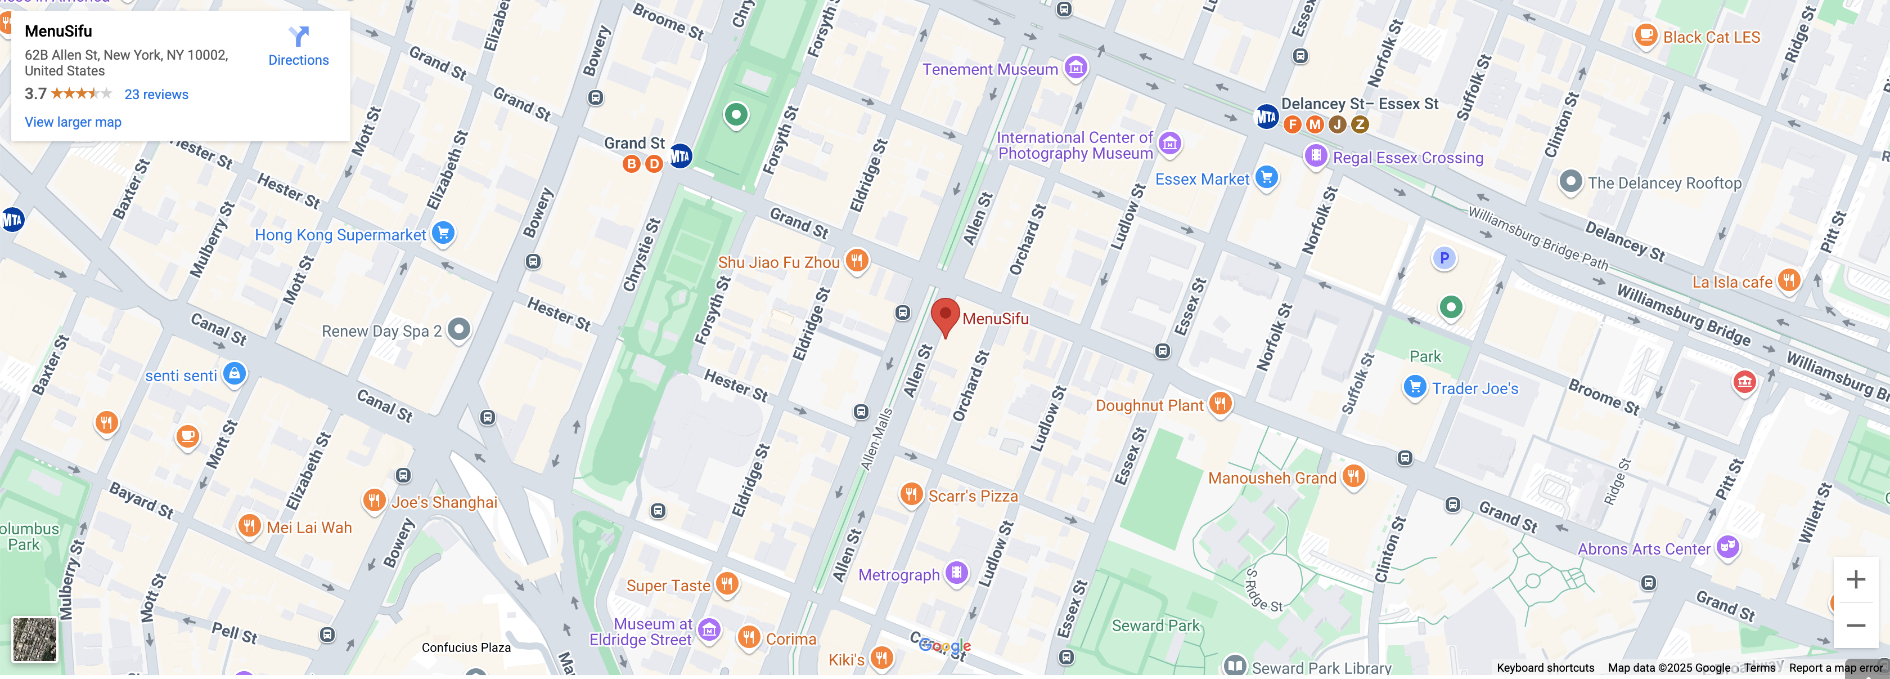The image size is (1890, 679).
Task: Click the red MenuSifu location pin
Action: point(945,314)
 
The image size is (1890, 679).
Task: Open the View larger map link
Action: point(73,122)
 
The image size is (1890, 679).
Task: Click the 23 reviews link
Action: point(156,94)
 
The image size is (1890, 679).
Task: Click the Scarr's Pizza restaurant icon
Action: point(911,493)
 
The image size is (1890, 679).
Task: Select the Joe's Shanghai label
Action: point(444,502)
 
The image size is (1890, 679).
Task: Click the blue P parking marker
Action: point(1443,258)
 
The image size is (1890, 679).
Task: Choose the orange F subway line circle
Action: point(1292,124)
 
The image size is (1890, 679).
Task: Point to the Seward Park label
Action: point(1155,626)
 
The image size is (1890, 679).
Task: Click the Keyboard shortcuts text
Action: point(1545,667)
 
